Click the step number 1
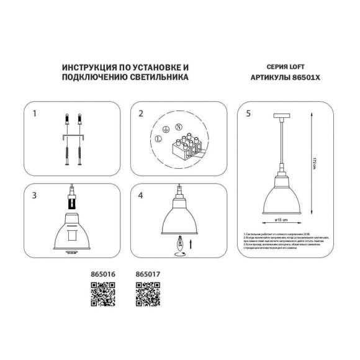(35, 114)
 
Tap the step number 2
(141, 114)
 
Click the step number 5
(249, 114)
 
